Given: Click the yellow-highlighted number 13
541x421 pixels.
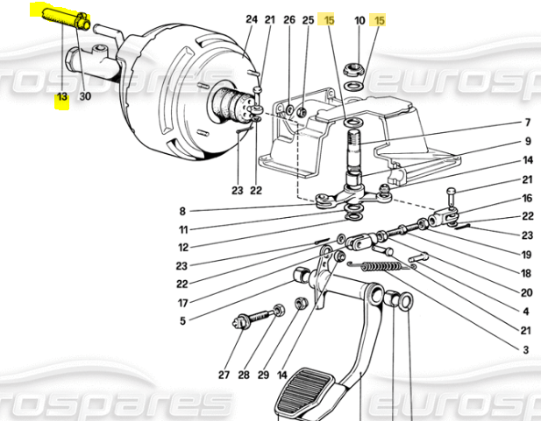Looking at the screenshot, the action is [x=62, y=97].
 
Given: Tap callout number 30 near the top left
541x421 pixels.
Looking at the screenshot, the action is [x=85, y=96].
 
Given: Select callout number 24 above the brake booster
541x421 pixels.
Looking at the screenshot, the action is [x=252, y=19].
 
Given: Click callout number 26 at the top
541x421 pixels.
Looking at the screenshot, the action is [x=289, y=19].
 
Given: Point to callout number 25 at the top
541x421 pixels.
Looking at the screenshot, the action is [x=308, y=20].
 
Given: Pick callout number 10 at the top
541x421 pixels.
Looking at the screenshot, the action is [x=359, y=21].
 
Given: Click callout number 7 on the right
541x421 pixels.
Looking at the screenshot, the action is [x=528, y=123].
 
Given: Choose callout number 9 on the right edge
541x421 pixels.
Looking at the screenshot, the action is [x=528, y=141].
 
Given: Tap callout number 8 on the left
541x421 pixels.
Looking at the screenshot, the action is [x=182, y=211].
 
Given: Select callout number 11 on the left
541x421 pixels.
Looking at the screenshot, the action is [x=183, y=229].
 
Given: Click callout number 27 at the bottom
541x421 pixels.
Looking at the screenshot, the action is [x=224, y=375].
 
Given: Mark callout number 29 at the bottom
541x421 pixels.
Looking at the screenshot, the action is [x=263, y=375].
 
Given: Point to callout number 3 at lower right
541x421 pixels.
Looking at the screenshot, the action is [x=526, y=350].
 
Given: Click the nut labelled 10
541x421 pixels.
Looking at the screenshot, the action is [x=354, y=69].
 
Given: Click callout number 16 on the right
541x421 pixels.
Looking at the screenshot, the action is [x=527, y=199].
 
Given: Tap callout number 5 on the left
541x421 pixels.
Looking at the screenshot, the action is [x=182, y=321].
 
